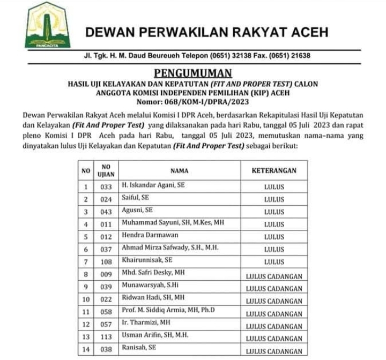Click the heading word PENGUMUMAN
click(x=193, y=73)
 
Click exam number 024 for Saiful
click(x=106, y=199)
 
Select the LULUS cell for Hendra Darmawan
click(x=273, y=237)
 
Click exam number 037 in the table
click(x=106, y=250)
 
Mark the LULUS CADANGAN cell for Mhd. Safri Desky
click(x=273, y=275)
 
